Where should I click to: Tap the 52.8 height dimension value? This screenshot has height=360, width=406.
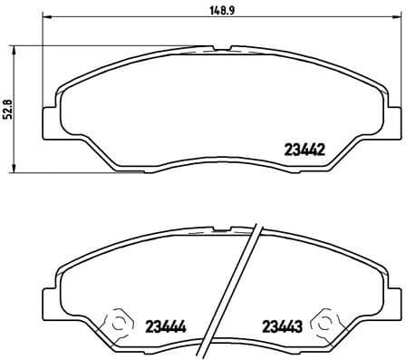pos(8,109)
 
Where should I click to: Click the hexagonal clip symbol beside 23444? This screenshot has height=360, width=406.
pos(119,324)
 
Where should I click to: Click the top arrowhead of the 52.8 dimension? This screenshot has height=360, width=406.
pos(13,48)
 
